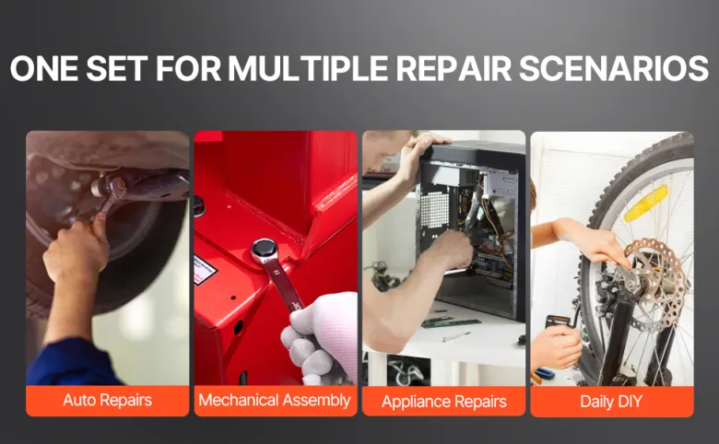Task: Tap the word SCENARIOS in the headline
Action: (x=614, y=69)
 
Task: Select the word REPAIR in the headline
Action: (x=454, y=69)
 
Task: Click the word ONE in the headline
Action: (x=44, y=69)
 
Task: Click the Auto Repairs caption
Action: (x=107, y=400)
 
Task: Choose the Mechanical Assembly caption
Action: (x=275, y=400)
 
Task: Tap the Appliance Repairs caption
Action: (x=444, y=402)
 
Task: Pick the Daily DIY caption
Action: (x=611, y=402)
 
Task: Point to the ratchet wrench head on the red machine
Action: (x=265, y=250)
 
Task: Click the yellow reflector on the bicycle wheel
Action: (x=646, y=203)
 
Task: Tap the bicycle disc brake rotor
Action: (x=655, y=279)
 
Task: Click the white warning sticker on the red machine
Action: (x=204, y=270)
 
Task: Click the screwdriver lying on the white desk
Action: (x=456, y=336)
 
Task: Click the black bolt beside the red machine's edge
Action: (x=198, y=205)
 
